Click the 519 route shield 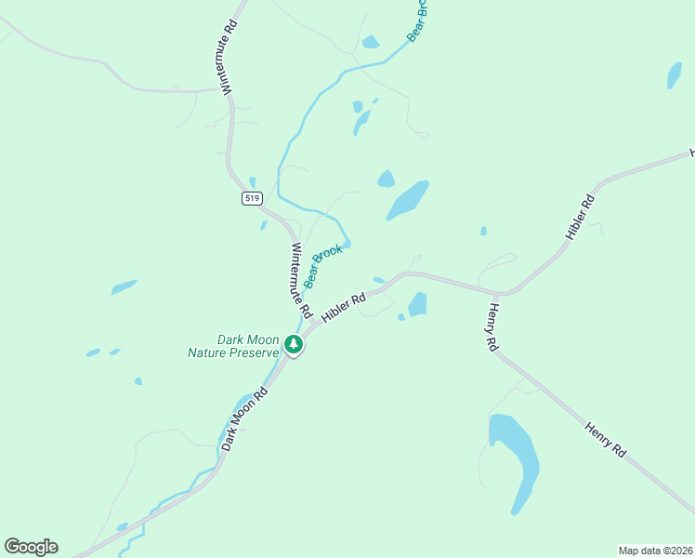point(252,198)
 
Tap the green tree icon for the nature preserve point(294,345)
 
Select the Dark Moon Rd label point(245,407)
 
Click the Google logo point(31,546)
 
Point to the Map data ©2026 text point(655,550)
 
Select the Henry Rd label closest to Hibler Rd point(493,326)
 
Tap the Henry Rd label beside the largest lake point(605,439)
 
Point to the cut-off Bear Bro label point(417,20)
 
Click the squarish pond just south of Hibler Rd point(417,304)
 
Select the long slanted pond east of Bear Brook point(408,199)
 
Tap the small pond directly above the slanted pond point(386,179)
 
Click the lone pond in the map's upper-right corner point(675,75)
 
